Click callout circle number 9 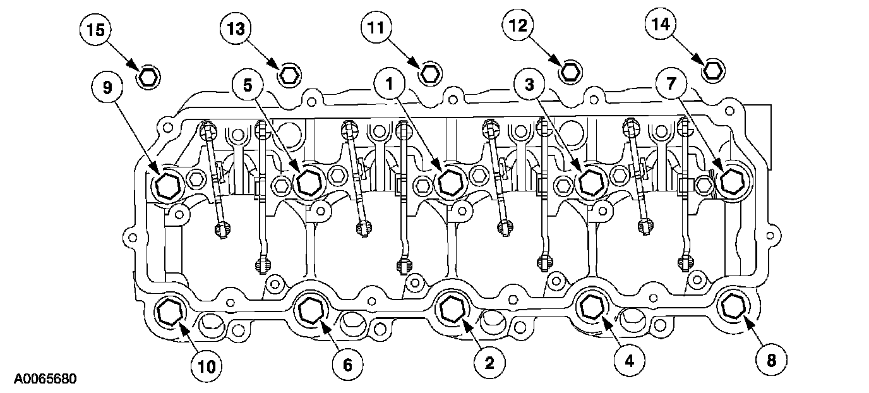[107, 87]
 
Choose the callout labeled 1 [390, 83]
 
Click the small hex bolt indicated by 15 [149, 76]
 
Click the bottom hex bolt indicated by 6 [310, 310]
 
